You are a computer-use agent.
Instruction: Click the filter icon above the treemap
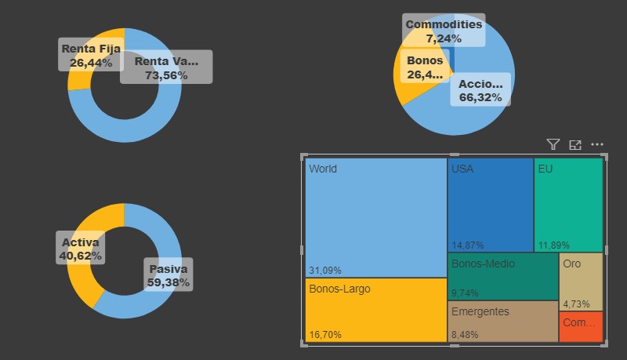[553, 144]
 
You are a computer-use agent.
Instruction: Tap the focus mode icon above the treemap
[575, 144]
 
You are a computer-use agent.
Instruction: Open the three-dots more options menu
[597, 144]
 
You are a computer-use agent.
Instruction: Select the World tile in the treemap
[375, 217]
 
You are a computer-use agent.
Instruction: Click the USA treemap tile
[491, 204]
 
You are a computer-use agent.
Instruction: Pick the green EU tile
[568, 204]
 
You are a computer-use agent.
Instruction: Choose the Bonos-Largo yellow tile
[375, 310]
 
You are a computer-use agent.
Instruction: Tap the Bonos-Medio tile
[502, 276]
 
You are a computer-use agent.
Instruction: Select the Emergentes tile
[502, 322]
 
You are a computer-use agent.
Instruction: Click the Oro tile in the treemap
[581, 281]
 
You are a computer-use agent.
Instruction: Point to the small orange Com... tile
[581, 326]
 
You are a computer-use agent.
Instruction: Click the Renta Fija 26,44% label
[91, 56]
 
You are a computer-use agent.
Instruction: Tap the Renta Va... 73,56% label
[166, 68]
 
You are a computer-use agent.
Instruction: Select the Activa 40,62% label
[81, 249]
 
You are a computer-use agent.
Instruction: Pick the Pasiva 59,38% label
[169, 275]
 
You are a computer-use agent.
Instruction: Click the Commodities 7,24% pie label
[444, 31]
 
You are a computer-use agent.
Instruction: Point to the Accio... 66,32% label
[480, 90]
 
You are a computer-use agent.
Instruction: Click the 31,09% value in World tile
[325, 271]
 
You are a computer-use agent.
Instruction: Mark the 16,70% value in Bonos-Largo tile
[325, 335]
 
